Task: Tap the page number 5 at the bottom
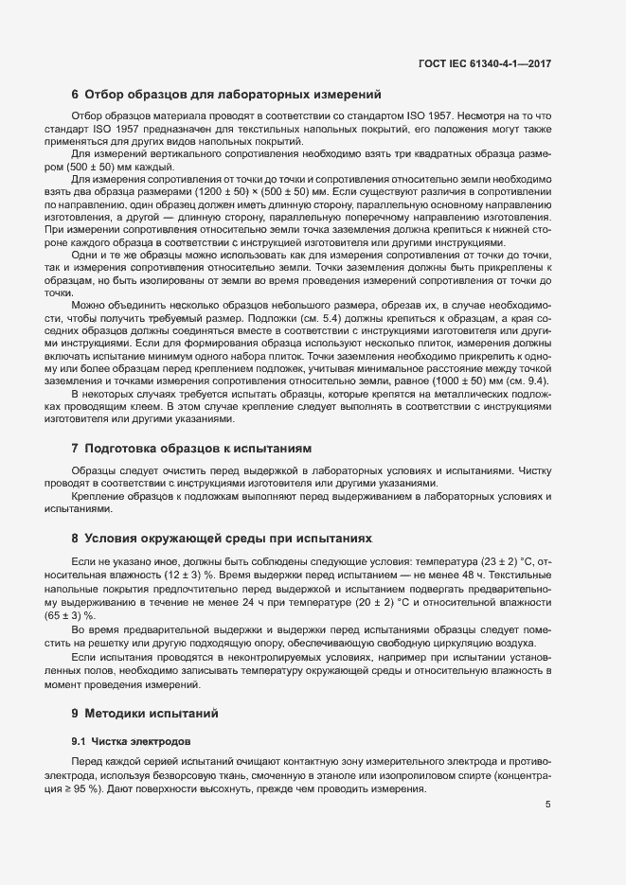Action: point(548,805)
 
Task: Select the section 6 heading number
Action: point(76,94)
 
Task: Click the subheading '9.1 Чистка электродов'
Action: point(133,739)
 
